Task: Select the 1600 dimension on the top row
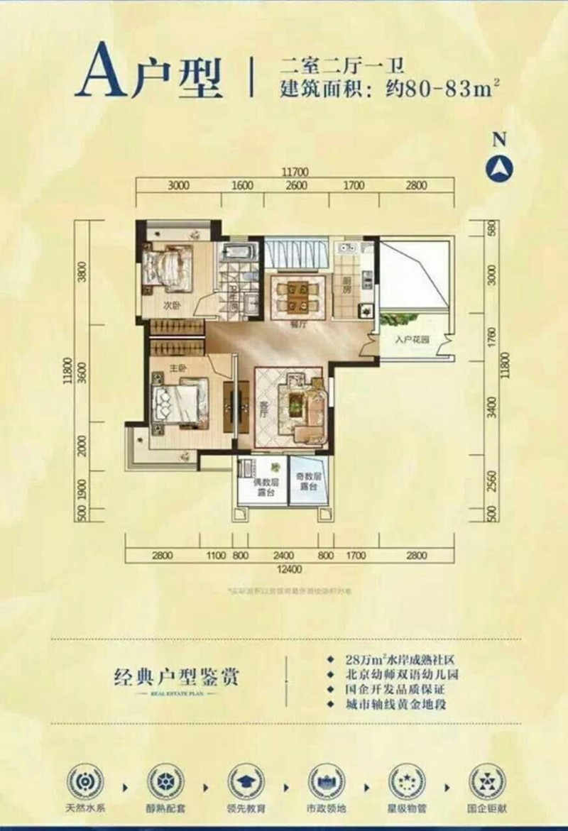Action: click(x=242, y=186)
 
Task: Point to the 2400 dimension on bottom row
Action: click(x=283, y=556)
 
